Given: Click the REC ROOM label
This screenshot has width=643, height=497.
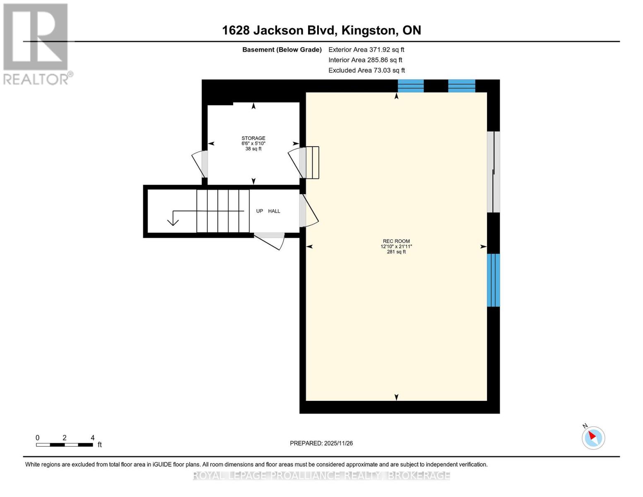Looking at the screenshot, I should (396, 241).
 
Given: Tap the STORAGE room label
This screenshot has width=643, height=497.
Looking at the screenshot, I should (253, 138).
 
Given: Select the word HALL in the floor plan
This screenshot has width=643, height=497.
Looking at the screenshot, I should (274, 211).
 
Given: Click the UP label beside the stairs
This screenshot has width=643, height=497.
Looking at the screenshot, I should (260, 211).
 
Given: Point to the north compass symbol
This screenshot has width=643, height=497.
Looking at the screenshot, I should (593, 437).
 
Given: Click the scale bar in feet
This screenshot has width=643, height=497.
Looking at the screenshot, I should (65, 445).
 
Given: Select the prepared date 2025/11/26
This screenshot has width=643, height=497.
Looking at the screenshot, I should (321, 443).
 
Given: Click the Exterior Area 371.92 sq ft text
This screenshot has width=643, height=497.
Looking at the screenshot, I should (366, 50).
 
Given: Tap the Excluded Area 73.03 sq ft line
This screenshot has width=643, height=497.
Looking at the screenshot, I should (366, 70).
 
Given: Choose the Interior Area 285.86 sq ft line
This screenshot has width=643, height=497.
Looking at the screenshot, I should (365, 60).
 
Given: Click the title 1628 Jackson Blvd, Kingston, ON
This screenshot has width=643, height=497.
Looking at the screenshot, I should (321, 30).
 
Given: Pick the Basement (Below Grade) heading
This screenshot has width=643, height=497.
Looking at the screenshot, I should (282, 50).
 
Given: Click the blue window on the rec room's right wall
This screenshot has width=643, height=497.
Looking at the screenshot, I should (493, 280).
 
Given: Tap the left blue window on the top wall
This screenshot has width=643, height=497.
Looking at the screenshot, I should (411, 86).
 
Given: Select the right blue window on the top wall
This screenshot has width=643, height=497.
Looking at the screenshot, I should (462, 86).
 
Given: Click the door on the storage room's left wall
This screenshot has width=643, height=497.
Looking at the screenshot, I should (201, 164).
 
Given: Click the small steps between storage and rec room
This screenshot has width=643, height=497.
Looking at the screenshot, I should (312, 162).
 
